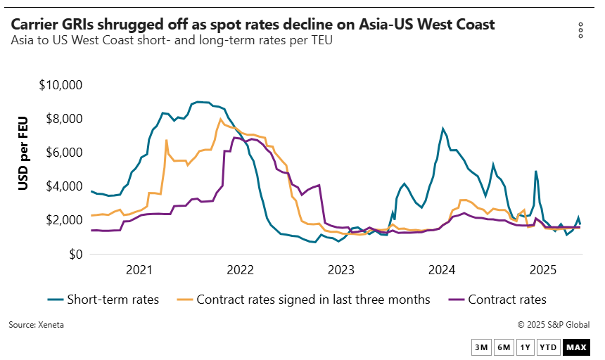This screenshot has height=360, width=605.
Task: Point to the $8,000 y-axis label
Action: click(61, 119)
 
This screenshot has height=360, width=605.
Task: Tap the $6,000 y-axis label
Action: click(61, 153)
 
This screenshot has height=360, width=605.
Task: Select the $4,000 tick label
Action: click(61, 186)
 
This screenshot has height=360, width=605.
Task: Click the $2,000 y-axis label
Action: click(61, 220)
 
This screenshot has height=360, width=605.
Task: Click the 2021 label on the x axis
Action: click(139, 269)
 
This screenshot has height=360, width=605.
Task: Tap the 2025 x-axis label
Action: click(544, 269)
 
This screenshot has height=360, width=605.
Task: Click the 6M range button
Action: click(504, 347)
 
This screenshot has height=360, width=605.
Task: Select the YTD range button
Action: click(548, 347)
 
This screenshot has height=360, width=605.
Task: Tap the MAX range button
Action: click(576, 347)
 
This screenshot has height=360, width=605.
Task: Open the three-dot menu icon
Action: click(580, 30)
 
